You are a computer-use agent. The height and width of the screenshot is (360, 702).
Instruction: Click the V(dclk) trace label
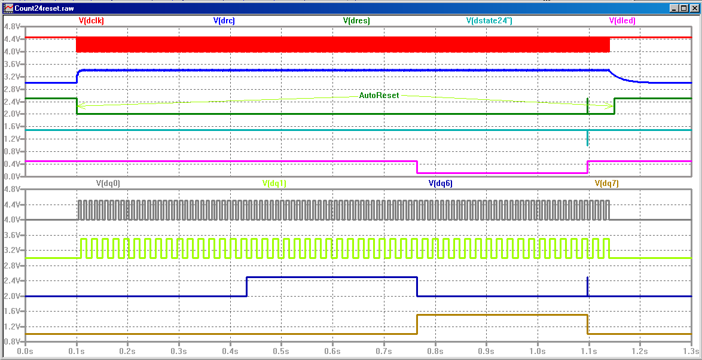[91, 20]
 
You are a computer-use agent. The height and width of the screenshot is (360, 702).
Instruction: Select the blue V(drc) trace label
[224, 20]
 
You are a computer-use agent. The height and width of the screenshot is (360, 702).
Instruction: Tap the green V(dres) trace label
[356, 20]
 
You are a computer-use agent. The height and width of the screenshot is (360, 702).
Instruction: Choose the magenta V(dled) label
[622, 20]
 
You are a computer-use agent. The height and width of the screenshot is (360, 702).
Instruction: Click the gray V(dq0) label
[108, 183]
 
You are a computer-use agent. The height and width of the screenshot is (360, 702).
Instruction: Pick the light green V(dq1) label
[274, 183]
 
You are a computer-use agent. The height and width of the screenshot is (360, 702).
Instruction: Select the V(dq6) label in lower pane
[441, 183]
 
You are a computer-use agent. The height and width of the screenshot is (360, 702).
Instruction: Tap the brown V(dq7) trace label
[607, 183]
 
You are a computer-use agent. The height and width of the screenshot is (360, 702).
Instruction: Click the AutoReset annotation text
[379, 96]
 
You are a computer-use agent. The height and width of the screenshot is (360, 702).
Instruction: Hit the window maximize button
[683, 8]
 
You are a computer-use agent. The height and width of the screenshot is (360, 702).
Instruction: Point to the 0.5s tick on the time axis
[281, 352]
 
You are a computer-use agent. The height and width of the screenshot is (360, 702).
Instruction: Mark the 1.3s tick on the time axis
[691, 352]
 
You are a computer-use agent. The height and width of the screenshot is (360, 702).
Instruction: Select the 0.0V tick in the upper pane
[12, 176]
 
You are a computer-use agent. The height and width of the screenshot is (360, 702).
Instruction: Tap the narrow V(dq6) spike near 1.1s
[587, 286]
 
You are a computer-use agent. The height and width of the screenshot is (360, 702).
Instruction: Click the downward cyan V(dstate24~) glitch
[587, 138]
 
